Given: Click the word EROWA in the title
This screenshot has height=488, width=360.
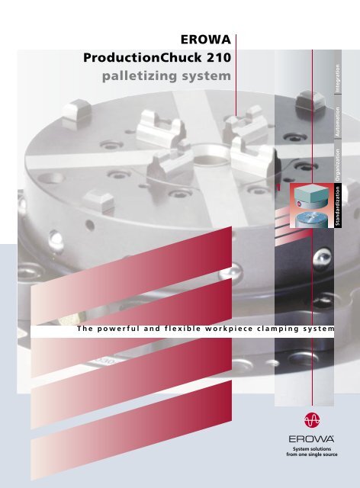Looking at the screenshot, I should pos(204,40).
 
